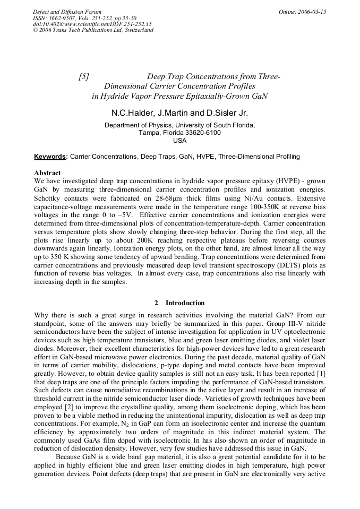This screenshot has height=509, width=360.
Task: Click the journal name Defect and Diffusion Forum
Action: pyautogui.click(x=67, y=12)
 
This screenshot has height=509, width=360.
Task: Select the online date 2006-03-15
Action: pyautogui.click(x=312, y=12)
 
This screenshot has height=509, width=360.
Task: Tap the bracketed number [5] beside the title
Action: pyautogui.click(x=83, y=76)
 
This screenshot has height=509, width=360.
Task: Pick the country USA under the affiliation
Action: pyautogui.click(x=180, y=141)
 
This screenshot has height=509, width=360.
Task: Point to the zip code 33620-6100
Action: pyautogui.click(x=201, y=133)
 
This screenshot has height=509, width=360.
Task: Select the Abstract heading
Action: pyautogui.click(x=47, y=173)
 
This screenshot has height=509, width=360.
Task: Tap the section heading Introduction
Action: pyautogui.click(x=185, y=303)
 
